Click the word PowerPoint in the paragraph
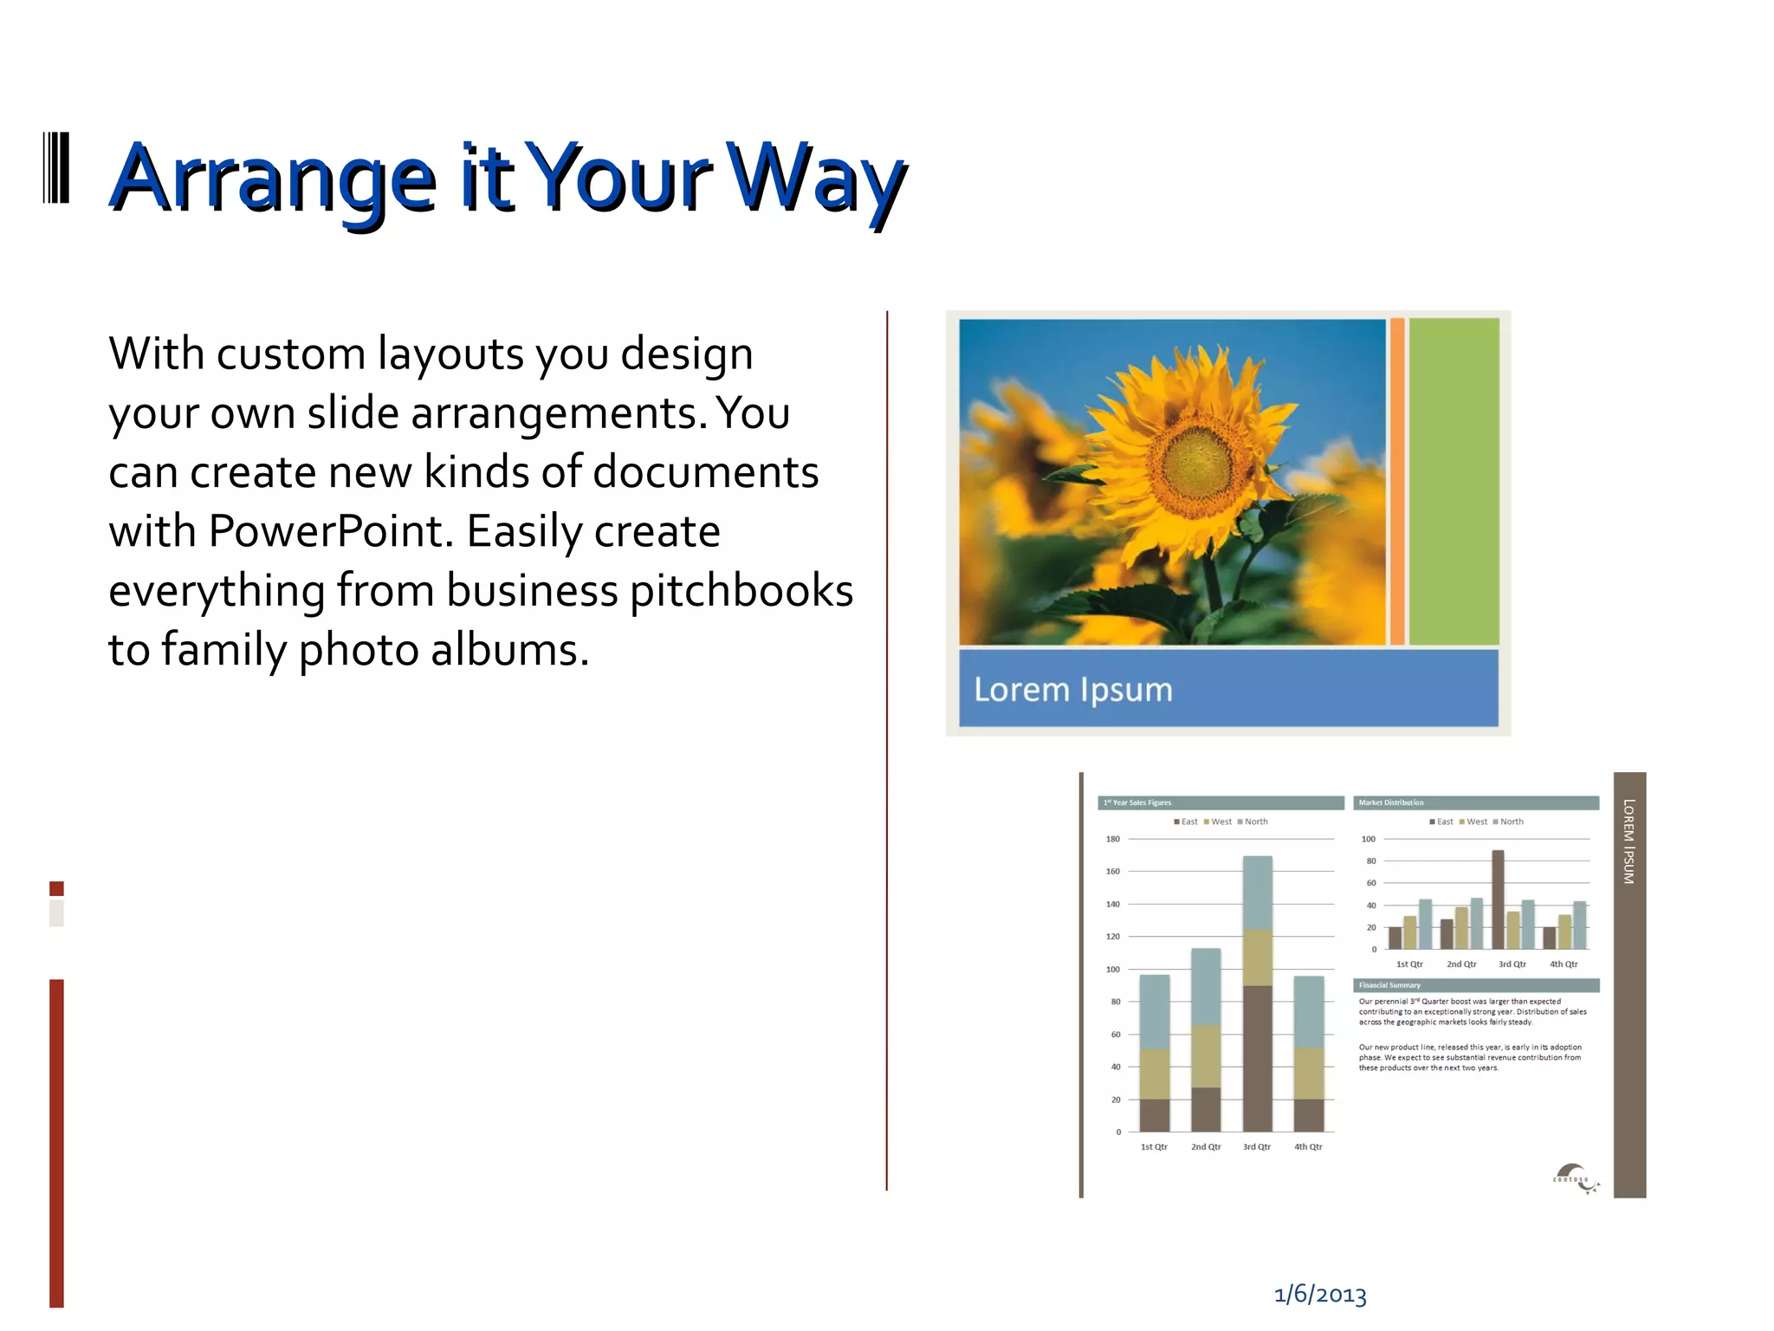click(331, 531)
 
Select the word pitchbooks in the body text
click(741, 591)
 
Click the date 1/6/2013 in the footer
click(1319, 1295)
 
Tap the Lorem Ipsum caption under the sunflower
click(1072, 690)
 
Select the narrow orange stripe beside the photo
click(1396, 482)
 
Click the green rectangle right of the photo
click(1454, 482)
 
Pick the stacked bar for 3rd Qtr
click(1257, 993)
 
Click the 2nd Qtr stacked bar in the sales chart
click(1206, 1039)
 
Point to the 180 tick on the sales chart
click(1112, 839)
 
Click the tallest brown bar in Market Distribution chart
click(1498, 899)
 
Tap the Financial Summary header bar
click(1475, 985)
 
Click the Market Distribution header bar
click(1475, 802)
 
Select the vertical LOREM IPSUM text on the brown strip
click(1628, 841)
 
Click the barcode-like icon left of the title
click(56, 168)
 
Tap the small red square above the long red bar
click(56, 888)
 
